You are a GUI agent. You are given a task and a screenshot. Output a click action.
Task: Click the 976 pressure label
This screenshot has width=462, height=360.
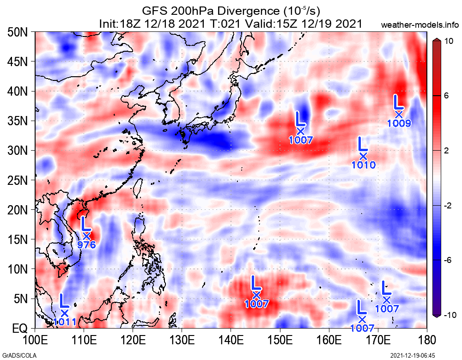tap(86, 245)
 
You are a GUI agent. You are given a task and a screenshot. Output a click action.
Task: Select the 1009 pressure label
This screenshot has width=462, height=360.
tap(399, 123)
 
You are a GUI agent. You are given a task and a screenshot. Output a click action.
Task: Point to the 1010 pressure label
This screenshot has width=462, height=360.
tap(363, 165)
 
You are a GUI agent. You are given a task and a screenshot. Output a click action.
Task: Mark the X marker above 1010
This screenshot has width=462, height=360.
tap(363, 156)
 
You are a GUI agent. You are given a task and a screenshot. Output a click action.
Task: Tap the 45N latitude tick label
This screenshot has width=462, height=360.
tap(18, 62)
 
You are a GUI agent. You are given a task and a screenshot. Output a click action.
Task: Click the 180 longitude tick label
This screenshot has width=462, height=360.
tap(426, 341)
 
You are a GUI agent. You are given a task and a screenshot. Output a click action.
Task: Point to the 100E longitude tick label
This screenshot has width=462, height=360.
tap(35, 341)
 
